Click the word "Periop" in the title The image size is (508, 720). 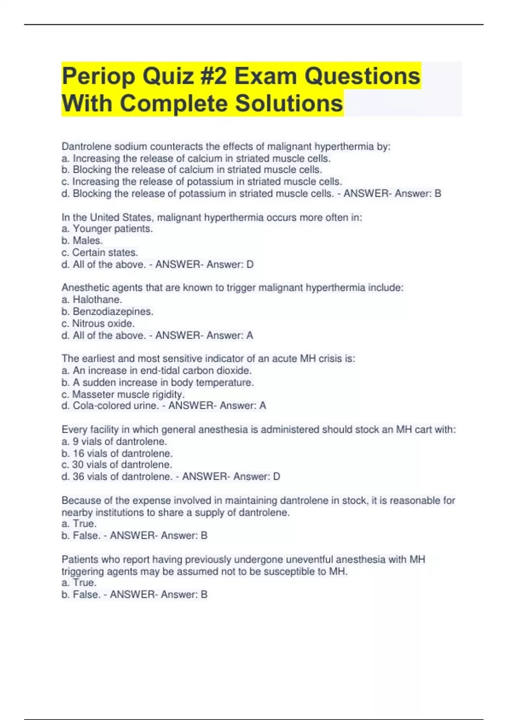click(99, 77)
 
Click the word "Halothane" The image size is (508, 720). click(97, 300)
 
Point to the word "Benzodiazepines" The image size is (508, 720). click(113, 312)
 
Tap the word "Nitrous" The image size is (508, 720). click(88, 324)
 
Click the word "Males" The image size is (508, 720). click(87, 241)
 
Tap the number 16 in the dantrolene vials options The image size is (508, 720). click(78, 454)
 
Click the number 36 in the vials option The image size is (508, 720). click(78, 477)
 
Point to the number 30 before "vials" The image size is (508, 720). click(78, 465)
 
